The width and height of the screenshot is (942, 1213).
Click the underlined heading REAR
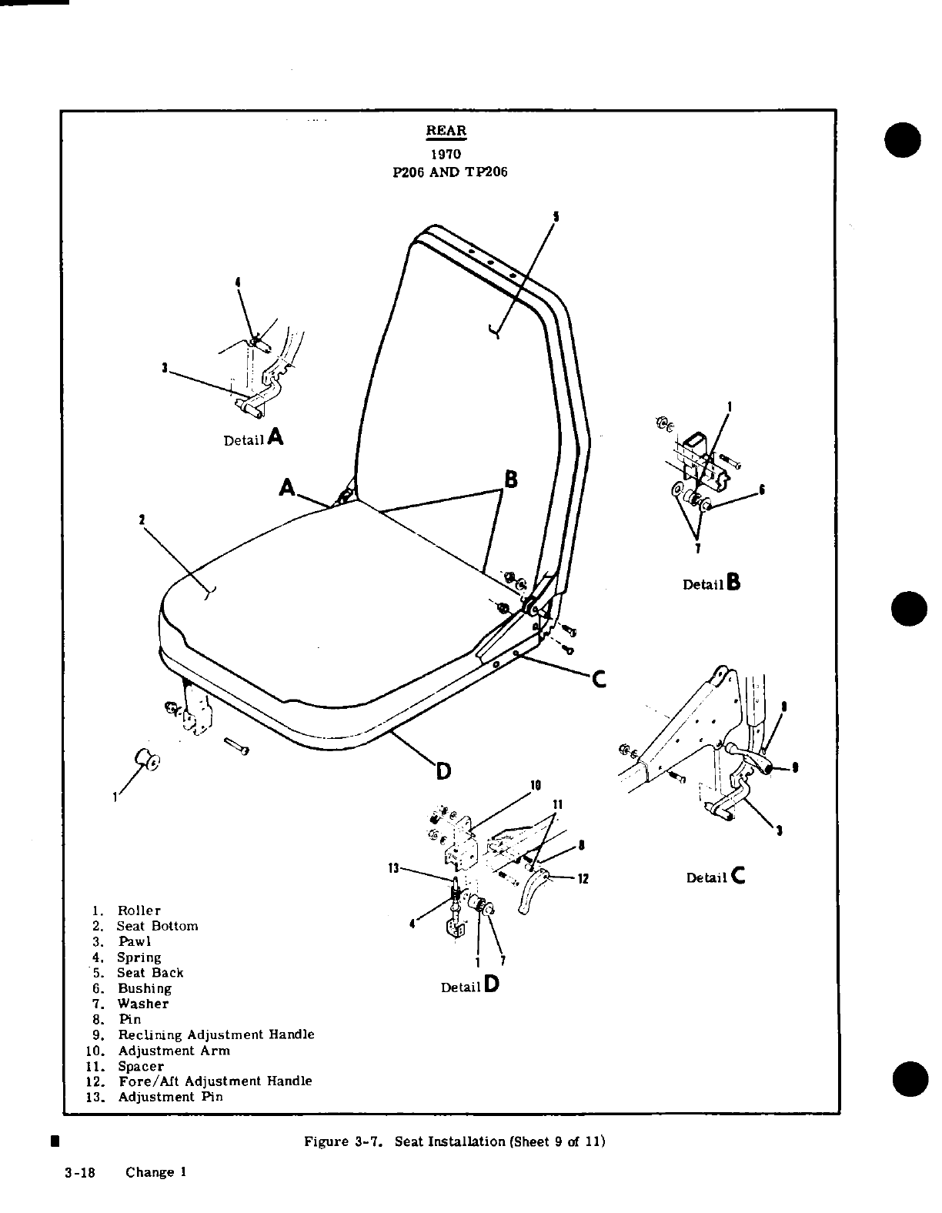[x=446, y=131]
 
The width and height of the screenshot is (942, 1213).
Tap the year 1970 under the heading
[x=446, y=155]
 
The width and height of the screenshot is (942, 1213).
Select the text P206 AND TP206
[x=450, y=172]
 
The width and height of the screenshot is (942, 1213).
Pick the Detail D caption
[x=469, y=986]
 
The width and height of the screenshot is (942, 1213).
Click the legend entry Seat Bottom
[x=157, y=926]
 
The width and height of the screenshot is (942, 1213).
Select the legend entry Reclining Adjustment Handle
[x=215, y=1034]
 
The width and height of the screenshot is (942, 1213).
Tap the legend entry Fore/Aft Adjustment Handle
[x=215, y=1081]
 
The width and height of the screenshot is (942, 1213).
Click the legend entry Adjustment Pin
[x=170, y=1097]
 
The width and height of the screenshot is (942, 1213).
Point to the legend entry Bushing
[x=144, y=988]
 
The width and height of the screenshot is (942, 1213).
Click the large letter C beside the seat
[x=599, y=680]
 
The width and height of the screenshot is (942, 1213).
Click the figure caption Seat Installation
[x=455, y=1141]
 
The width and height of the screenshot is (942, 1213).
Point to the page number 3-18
[x=79, y=1172]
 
